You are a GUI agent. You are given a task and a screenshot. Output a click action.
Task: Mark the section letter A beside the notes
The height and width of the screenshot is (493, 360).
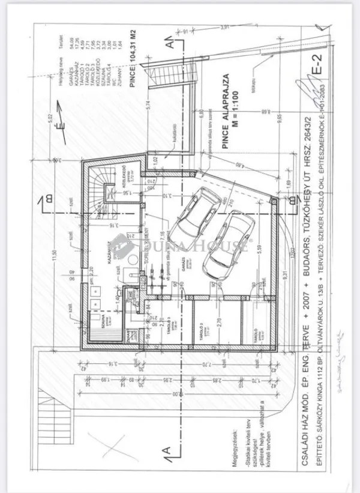(170, 449)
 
